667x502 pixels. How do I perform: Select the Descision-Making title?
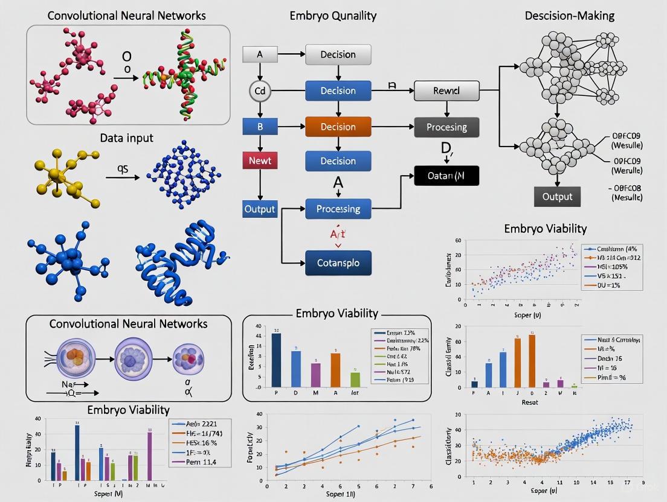[x=569, y=16]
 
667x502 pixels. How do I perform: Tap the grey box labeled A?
[x=260, y=54]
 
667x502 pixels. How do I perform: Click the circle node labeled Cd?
[x=260, y=91]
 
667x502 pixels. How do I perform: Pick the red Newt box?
[x=260, y=160]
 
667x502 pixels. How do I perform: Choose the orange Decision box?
[x=338, y=127]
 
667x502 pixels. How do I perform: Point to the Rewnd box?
[x=446, y=91]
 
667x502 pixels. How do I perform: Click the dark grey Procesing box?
[x=446, y=127]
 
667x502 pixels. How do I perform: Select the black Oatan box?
[x=446, y=175]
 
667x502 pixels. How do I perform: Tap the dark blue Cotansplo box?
[x=338, y=263]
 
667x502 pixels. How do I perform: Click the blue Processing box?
[x=338, y=209]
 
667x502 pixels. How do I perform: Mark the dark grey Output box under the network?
[x=557, y=197]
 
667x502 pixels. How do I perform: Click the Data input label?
[x=127, y=138]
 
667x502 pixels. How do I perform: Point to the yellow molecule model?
[x=63, y=175]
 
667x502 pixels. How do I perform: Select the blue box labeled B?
[x=260, y=127]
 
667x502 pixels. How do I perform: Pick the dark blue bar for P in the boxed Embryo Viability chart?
[x=276, y=360]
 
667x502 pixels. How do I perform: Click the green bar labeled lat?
[x=355, y=380]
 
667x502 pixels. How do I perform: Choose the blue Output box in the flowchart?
[x=260, y=209]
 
